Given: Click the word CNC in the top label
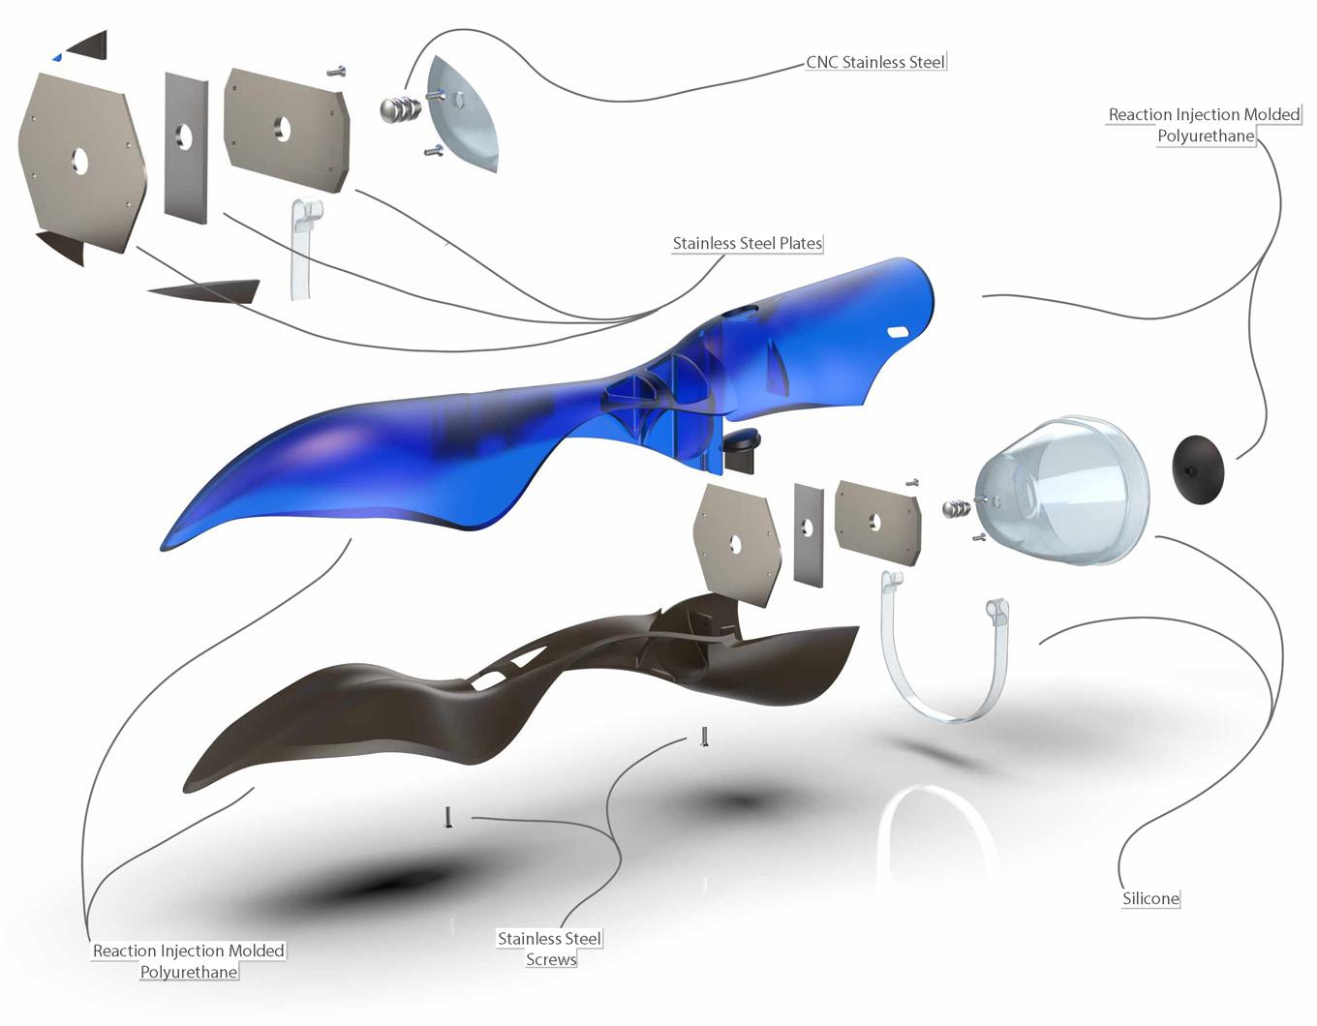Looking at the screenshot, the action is (x=822, y=63).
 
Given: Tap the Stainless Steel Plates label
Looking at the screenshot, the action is (x=747, y=244).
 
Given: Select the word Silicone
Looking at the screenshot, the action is (x=1150, y=898).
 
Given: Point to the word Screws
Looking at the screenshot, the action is (x=551, y=959).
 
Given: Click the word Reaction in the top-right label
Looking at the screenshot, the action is (x=1140, y=115).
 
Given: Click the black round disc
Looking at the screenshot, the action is (x=1198, y=467).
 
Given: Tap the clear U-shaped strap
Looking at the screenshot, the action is (x=944, y=668).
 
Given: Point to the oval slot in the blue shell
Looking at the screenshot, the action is (x=901, y=331).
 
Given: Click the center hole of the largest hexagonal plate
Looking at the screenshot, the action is (x=79, y=162).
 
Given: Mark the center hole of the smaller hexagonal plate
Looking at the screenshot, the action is (x=735, y=544).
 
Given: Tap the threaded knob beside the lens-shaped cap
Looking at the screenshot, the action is (x=400, y=108).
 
